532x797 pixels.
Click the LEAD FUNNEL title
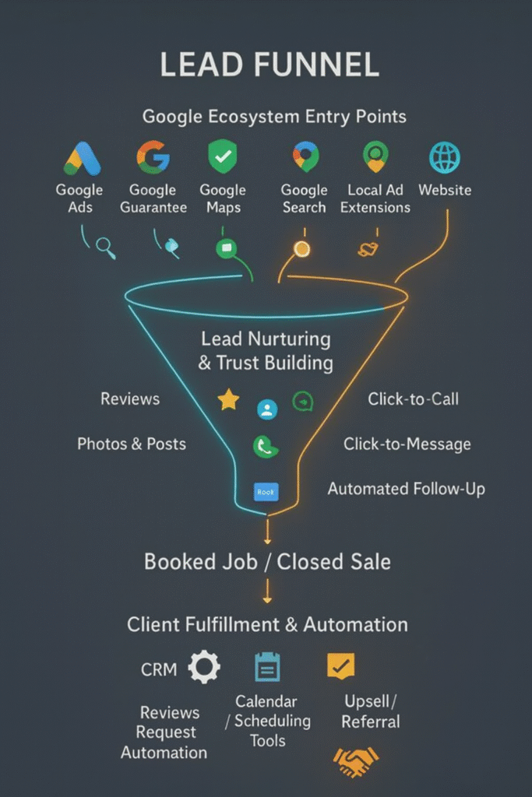pyautogui.click(x=270, y=65)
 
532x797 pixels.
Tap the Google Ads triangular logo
pyautogui.click(x=83, y=159)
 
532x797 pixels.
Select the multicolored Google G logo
pyautogui.click(x=153, y=157)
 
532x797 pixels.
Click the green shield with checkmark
pyautogui.click(x=223, y=156)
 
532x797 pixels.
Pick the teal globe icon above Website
pyautogui.click(x=445, y=157)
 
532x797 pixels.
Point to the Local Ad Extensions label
pyautogui.click(x=375, y=198)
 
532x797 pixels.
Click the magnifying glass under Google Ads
pyautogui.click(x=105, y=248)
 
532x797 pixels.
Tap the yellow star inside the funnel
pyautogui.click(x=228, y=399)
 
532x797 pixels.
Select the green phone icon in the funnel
pyautogui.click(x=266, y=447)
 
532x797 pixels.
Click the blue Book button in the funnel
pyautogui.click(x=266, y=492)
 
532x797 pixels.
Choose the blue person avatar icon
pyautogui.click(x=267, y=409)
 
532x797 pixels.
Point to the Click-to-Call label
pyautogui.click(x=413, y=399)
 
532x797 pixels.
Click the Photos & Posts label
pyautogui.click(x=131, y=444)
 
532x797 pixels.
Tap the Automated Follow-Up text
pyautogui.click(x=406, y=489)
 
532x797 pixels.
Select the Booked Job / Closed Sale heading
pyautogui.click(x=267, y=562)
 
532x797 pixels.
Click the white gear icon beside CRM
pyautogui.click(x=204, y=666)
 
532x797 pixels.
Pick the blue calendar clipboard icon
pyautogui.click(x=267, y=667)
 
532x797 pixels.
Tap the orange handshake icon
pyautogui.click(x=356, y=761)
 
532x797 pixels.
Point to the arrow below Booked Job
pyautogui.click(x=267, y=592)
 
